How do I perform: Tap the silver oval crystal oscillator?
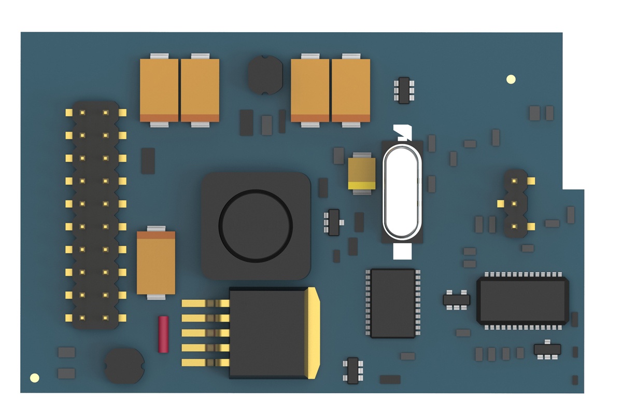(x=402, y=191)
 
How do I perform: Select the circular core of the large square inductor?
(x=256, y=225)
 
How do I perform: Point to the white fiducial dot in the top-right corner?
(x=511, y=79)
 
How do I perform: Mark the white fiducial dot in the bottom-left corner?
(x=35, y=378)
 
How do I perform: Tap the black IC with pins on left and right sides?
(x=393, y=303)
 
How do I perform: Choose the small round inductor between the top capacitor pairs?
(x=265, y=75)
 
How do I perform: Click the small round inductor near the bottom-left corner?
(x=124, y=366)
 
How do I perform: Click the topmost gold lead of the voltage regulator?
(x=205, y=303)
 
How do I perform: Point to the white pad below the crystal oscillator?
(x=402, y=252)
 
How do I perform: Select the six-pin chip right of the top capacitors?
(x=404, y=90)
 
